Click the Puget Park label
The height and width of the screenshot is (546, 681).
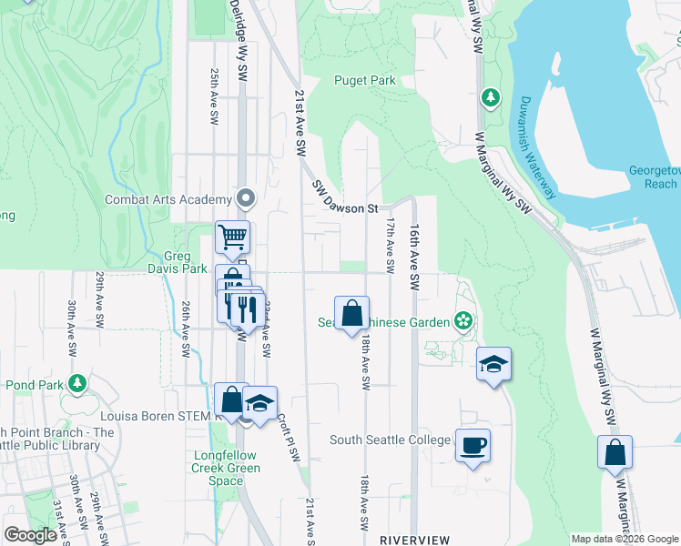[364, 80]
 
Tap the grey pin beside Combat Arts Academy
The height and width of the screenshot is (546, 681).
[246, 197]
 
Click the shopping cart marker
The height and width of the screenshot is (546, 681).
[233, 237]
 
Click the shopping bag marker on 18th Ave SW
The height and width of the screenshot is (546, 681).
[351, 313]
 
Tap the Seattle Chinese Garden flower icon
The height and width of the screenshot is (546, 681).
[463, 320]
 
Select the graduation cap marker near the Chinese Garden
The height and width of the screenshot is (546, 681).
[493, 364]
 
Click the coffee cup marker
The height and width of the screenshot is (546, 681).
[473, 446]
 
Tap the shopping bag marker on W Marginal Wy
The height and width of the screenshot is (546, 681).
[615, 451]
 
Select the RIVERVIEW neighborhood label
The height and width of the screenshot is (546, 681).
[415, 539]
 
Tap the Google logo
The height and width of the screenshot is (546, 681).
[30, 535]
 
